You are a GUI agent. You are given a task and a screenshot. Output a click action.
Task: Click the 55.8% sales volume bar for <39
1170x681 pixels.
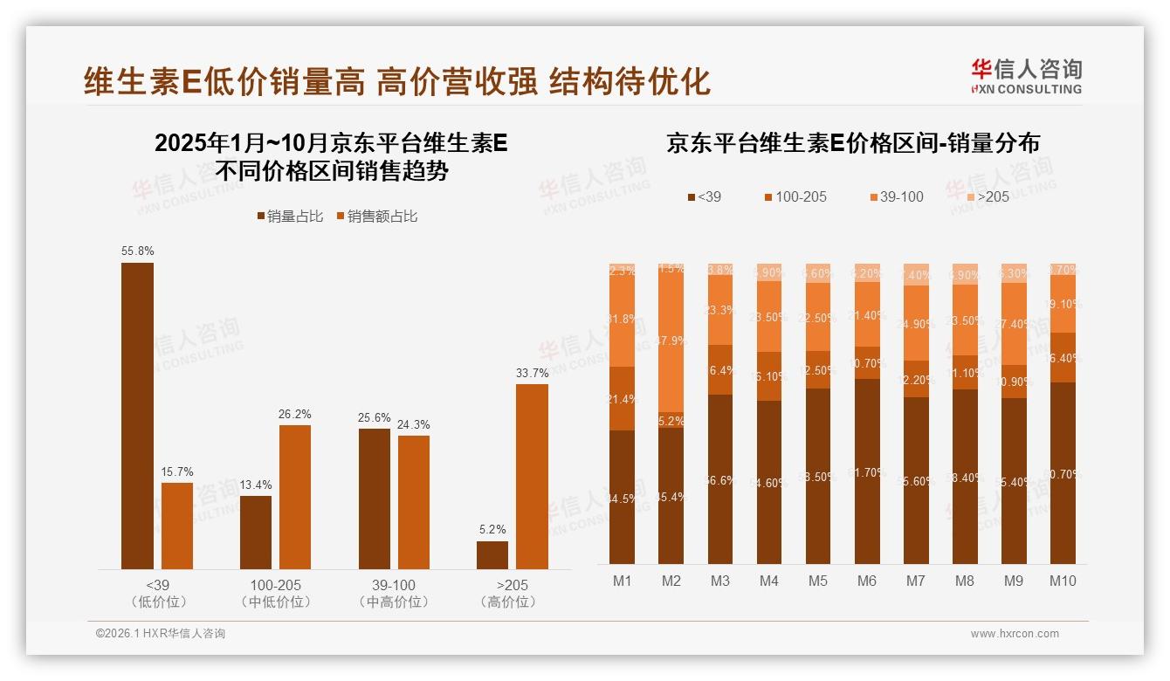click(137, 416)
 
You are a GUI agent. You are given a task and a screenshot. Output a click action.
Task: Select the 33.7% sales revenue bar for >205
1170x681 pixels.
click(532, 477)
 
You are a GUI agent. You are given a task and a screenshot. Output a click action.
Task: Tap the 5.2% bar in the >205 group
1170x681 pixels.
click(492, 555)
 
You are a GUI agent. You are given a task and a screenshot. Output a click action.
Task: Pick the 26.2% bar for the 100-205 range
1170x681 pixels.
click(295, 497)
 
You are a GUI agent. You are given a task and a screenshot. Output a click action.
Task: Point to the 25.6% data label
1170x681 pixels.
click(374, 417)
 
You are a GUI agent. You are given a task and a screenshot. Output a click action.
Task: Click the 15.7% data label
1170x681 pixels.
click(176, 471)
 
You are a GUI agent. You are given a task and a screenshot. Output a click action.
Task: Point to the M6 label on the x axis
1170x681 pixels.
click(867, 581)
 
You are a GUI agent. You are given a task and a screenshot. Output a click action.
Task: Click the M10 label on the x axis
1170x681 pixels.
click(1063, 581)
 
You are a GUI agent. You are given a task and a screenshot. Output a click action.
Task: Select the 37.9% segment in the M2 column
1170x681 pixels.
click(671, 340)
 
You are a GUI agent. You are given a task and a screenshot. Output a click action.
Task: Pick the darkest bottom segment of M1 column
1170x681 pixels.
click(623, 497)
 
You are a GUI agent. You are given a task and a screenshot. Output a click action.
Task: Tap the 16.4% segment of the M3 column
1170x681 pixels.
click(720, 370)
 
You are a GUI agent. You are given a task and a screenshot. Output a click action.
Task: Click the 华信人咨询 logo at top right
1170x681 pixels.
click(1026, 76)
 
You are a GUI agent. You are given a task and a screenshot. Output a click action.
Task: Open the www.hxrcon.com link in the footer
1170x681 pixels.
click(1015, 634)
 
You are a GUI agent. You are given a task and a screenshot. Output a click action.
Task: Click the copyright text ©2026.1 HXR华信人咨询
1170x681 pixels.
click(161, 634)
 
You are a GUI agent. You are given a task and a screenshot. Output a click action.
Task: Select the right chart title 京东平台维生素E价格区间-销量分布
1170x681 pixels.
click(853, 143)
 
